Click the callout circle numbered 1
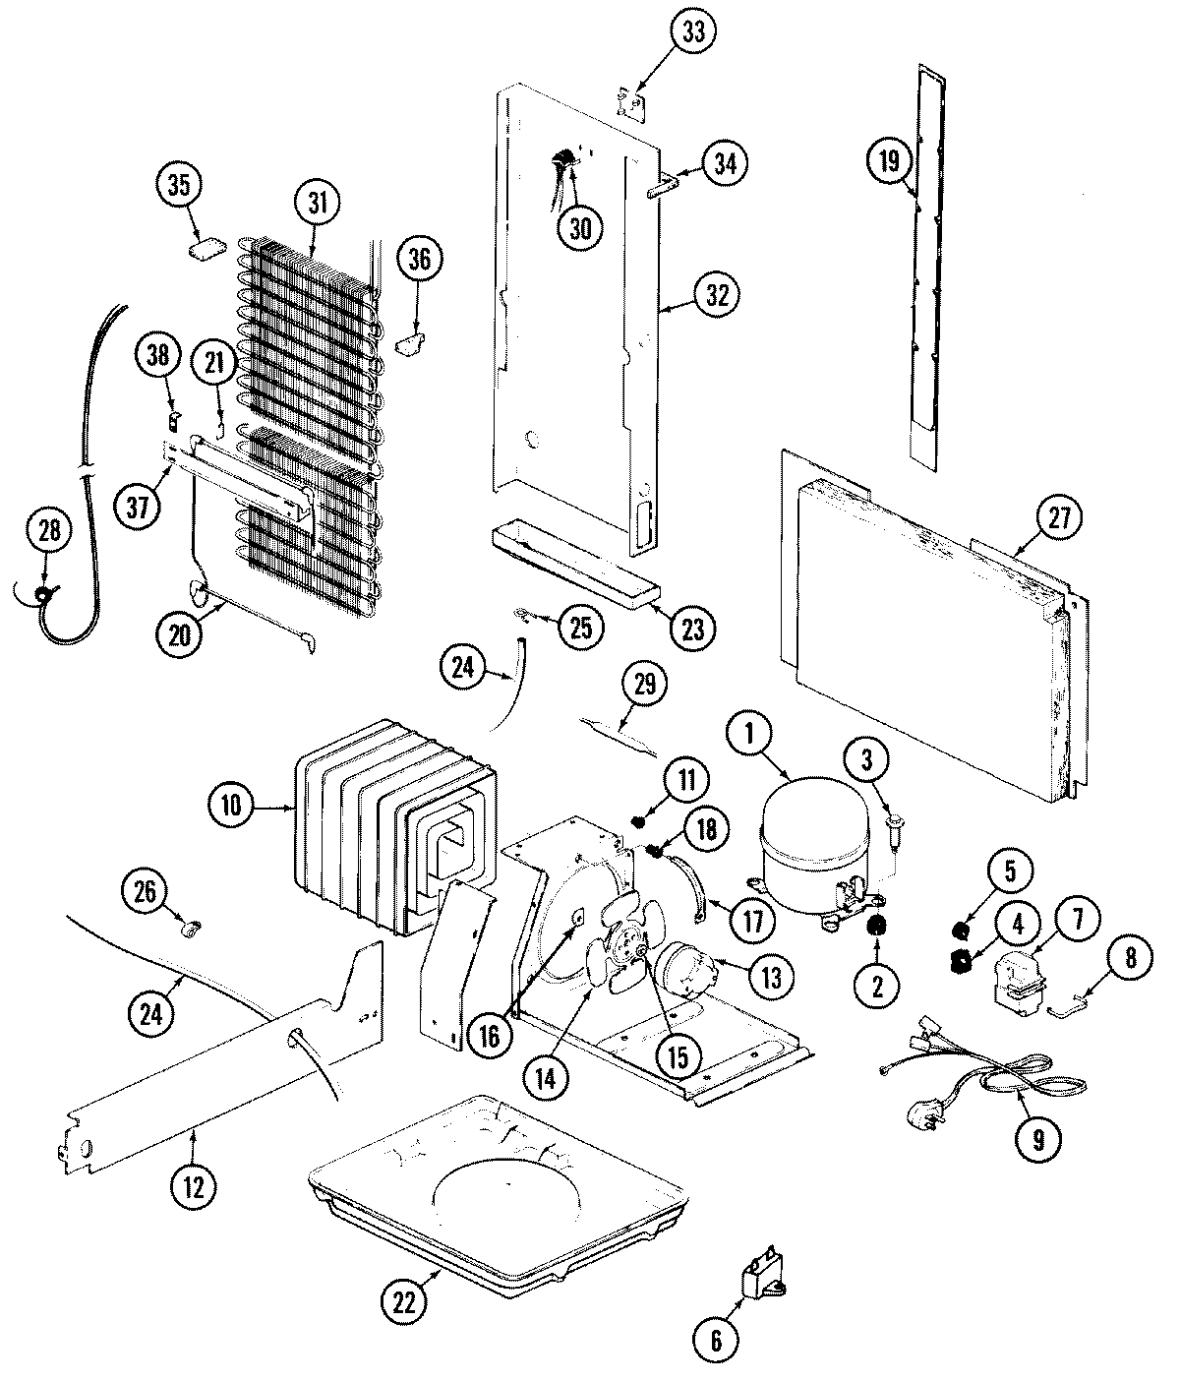click(x=750, y=733)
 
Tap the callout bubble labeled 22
click(x=404, y=1301)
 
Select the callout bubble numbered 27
click(x=1058, y=518)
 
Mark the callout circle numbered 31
click(x=317, y=204)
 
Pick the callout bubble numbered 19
click(x=889, y=160)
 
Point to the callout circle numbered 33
click(x=694, y=31)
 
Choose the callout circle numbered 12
click(x=193, y=1186)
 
